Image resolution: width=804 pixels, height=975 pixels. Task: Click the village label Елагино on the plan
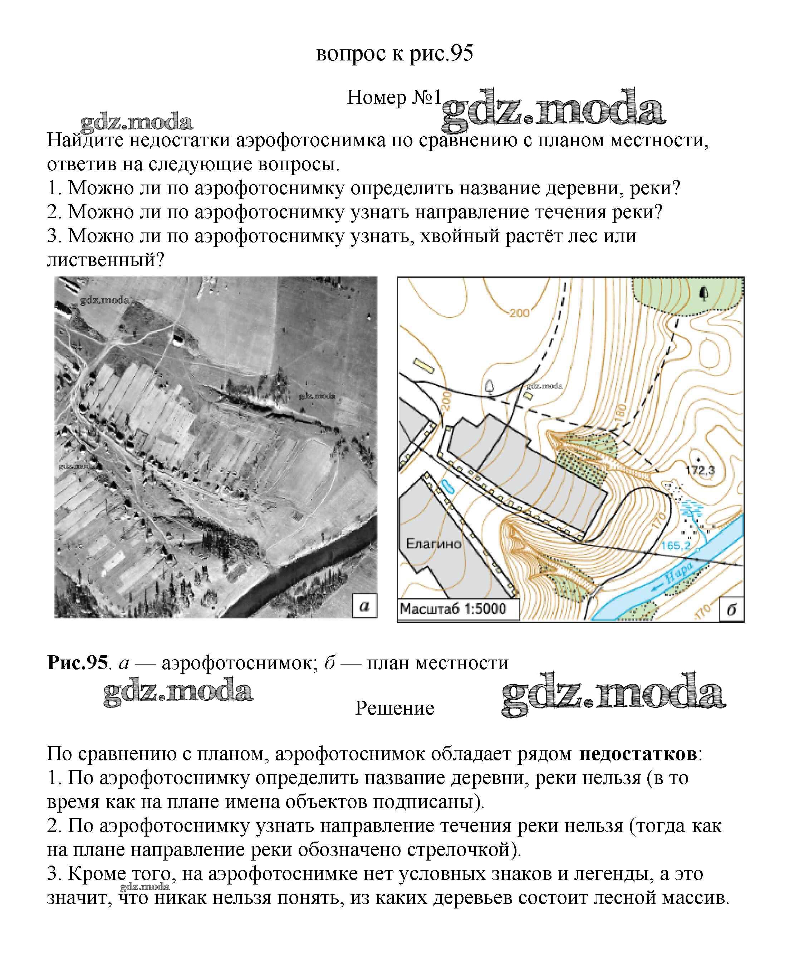coord(433,543)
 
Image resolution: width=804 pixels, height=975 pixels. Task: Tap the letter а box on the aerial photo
coord(364,606)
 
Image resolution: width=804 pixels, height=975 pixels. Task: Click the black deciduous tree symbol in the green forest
coord(704,294)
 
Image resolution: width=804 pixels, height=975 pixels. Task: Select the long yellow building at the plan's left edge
coord(422,366)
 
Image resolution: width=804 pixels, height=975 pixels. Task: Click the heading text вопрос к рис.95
coord(394,54)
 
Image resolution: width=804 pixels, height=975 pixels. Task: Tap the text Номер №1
coord(394,98)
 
